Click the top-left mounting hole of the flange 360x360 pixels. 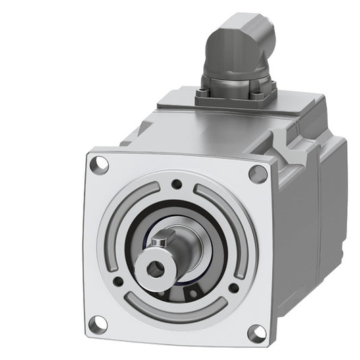point(99,163)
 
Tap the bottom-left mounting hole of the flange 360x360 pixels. point(98,324)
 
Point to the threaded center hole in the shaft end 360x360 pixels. point(156,268)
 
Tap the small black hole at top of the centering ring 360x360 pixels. point(176,184)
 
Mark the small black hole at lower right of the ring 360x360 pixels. point(233,288)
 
